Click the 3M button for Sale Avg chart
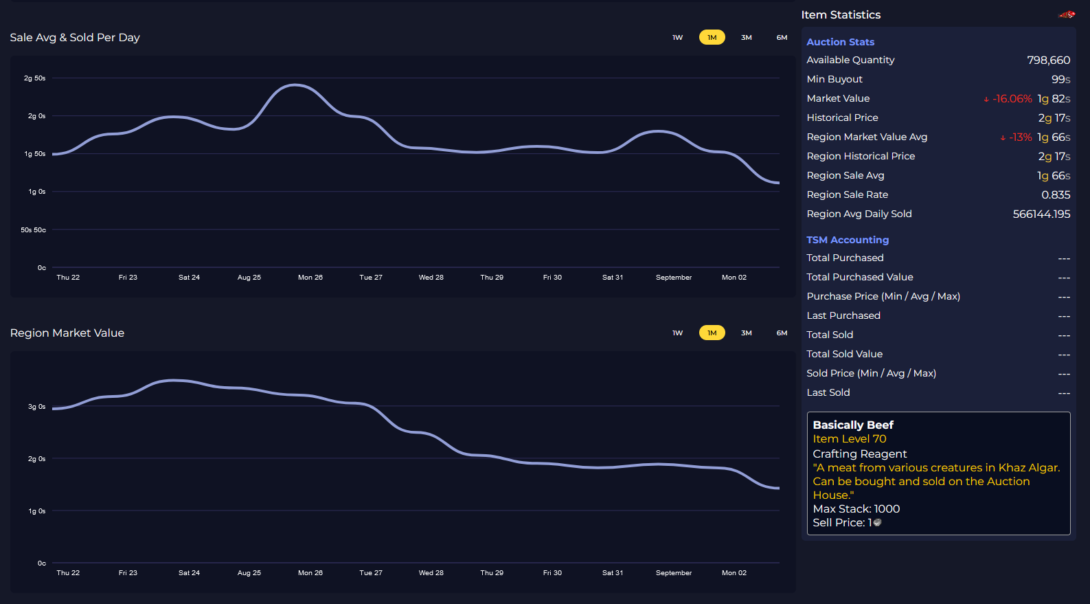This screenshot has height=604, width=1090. pyautogui.click(x=746, y=38)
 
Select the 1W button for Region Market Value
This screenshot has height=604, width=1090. pyautogui.click(x=677, y=333)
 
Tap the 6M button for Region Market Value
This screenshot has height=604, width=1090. pyautogui.click(x=782, y=333)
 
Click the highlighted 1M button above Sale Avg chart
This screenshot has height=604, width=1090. pyautogui.click(x=712, y=38)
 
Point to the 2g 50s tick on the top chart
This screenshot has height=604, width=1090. pyautogui.click(x=34, y=78)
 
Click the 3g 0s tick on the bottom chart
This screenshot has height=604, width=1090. pyautogui.click(x=36, y=407)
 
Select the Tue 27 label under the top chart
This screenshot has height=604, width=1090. pyautogui.click(x=371, y=278)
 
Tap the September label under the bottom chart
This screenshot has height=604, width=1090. pyautogui.click(x=673, y=573)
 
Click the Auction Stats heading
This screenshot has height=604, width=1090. pyautogui.click(x=840, y=42)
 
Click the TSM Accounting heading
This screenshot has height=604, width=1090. pyautogui.click(x=847, y=240)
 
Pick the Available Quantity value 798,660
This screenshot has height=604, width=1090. pyautogui.click(x=1048, y=60)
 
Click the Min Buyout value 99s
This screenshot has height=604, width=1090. pyautogui.click(x=1060, y=80)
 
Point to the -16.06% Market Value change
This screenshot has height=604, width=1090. pyautogui.click(x=1011, y=99)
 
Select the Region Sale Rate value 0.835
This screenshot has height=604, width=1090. pyautogui.click(x=1055, y=195)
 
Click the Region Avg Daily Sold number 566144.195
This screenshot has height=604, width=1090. pyautogui.click(x=1041, y=214)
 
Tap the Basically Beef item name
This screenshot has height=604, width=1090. pyautogui.click(x=852, y=425)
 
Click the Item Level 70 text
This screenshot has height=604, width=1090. pyautogui.click(x=849, y=439)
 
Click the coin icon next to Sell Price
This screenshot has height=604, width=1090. pyautogui.click(x=877, y=523)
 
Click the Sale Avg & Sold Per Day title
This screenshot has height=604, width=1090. pyautogui.click(x=75, y=38)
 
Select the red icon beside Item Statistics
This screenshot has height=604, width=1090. pyautogui.click(x=1067, y=14)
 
